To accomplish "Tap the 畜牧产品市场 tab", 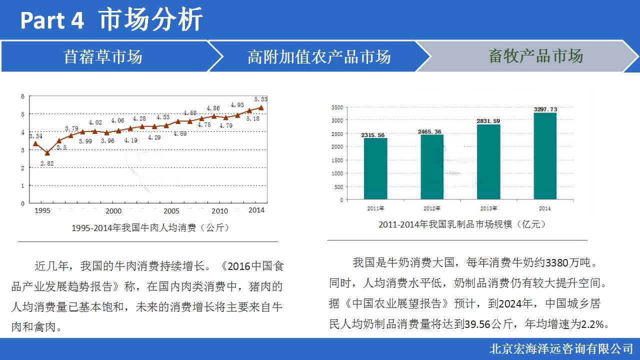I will (x=535, y=56).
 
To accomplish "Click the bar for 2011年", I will (x=375, y=168).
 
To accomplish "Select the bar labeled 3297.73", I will (x=545, y=156).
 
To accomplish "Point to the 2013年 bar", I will (x=488, y=162).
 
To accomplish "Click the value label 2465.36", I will (x=432, y=131).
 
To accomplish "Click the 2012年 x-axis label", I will (x=432, y=208).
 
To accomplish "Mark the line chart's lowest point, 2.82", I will (x=47, y=153).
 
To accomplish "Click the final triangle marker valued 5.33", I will (x=261, y=107).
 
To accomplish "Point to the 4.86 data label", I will (x=213, y=108).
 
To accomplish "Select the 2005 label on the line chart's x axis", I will (x=171, y=211).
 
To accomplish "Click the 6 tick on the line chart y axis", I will (x=22, y=96).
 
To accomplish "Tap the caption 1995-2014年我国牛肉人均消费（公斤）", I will (x=150, y=227).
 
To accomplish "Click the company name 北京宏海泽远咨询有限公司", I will (x=561, y=348).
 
